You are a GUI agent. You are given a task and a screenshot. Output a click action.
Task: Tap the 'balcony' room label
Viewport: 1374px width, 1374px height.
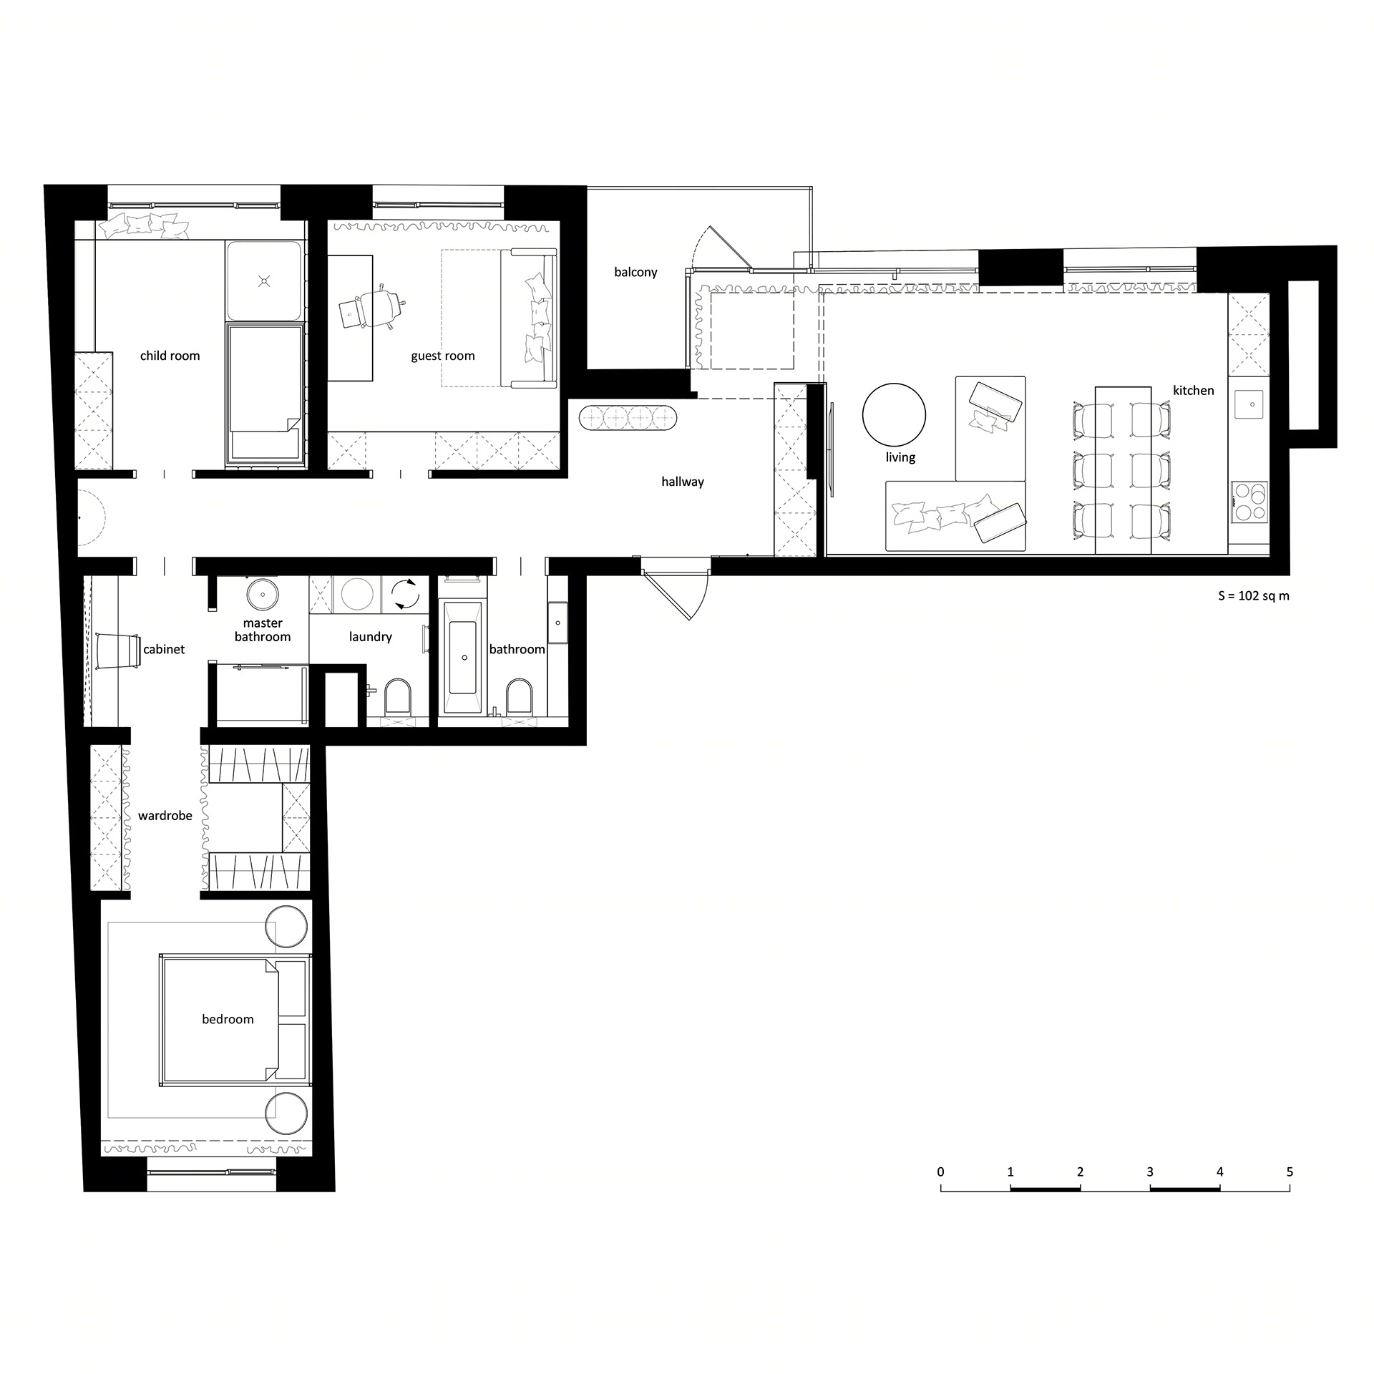point(635,273)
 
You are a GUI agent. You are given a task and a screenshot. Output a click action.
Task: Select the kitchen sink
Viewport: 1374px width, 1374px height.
point(1252,404)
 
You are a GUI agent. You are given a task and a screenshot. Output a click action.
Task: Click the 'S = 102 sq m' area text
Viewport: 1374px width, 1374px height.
point(1254,595)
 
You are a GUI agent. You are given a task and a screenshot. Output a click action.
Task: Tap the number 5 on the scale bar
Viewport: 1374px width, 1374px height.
point(1290,1172)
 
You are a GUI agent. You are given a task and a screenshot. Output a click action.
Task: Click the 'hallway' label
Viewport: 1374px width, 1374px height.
point(682,482)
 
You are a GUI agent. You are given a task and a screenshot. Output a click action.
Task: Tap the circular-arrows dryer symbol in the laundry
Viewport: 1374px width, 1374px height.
point(404,595)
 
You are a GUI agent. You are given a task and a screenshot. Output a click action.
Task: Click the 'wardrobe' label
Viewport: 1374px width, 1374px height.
point(165,816)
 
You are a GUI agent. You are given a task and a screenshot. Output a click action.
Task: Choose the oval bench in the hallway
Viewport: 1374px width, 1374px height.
point(627,418)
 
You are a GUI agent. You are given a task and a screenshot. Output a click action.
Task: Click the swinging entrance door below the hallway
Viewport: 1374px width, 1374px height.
point(676,593)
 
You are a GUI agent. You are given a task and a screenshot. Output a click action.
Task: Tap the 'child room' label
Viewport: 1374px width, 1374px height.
point(170,356)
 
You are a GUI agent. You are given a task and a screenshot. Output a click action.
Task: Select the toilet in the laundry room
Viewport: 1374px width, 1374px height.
point(398,696)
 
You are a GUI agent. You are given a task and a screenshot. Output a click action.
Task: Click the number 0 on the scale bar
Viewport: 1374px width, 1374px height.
point(940,1172)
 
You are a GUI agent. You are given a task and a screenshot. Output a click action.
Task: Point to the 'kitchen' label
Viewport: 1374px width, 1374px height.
point(1193,391)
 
